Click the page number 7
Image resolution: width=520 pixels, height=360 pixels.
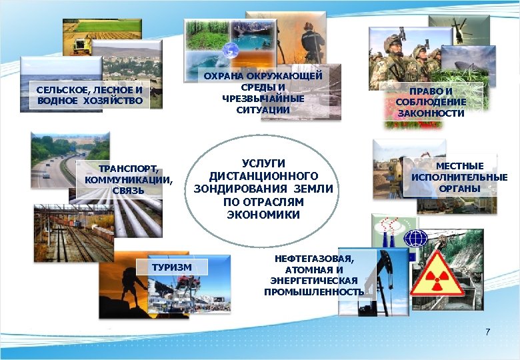coord(487,331)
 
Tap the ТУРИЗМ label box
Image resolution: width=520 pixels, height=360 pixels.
coord(172,267)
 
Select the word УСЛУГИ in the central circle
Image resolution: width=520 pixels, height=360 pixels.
coord(263,163)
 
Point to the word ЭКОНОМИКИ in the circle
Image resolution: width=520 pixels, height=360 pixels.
coord(263,215)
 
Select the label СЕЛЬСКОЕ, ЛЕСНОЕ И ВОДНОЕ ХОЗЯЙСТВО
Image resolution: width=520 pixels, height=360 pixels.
coord(90,95)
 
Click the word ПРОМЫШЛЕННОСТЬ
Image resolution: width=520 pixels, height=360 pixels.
coord(314,292)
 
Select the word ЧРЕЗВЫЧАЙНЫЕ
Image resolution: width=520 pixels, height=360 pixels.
coord(263,99)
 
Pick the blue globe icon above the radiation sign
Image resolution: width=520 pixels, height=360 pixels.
coord(417,238)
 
